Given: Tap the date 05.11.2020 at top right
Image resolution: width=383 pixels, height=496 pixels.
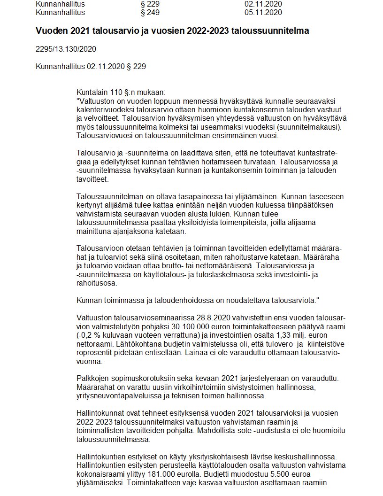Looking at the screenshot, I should click(263, 13).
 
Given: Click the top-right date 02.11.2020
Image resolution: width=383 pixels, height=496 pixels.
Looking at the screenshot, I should click(263, 4).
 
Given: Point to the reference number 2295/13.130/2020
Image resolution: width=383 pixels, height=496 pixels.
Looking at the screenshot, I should click(66, 49).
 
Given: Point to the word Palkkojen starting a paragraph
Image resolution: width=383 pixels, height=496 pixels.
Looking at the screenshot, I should click(92, 379).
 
